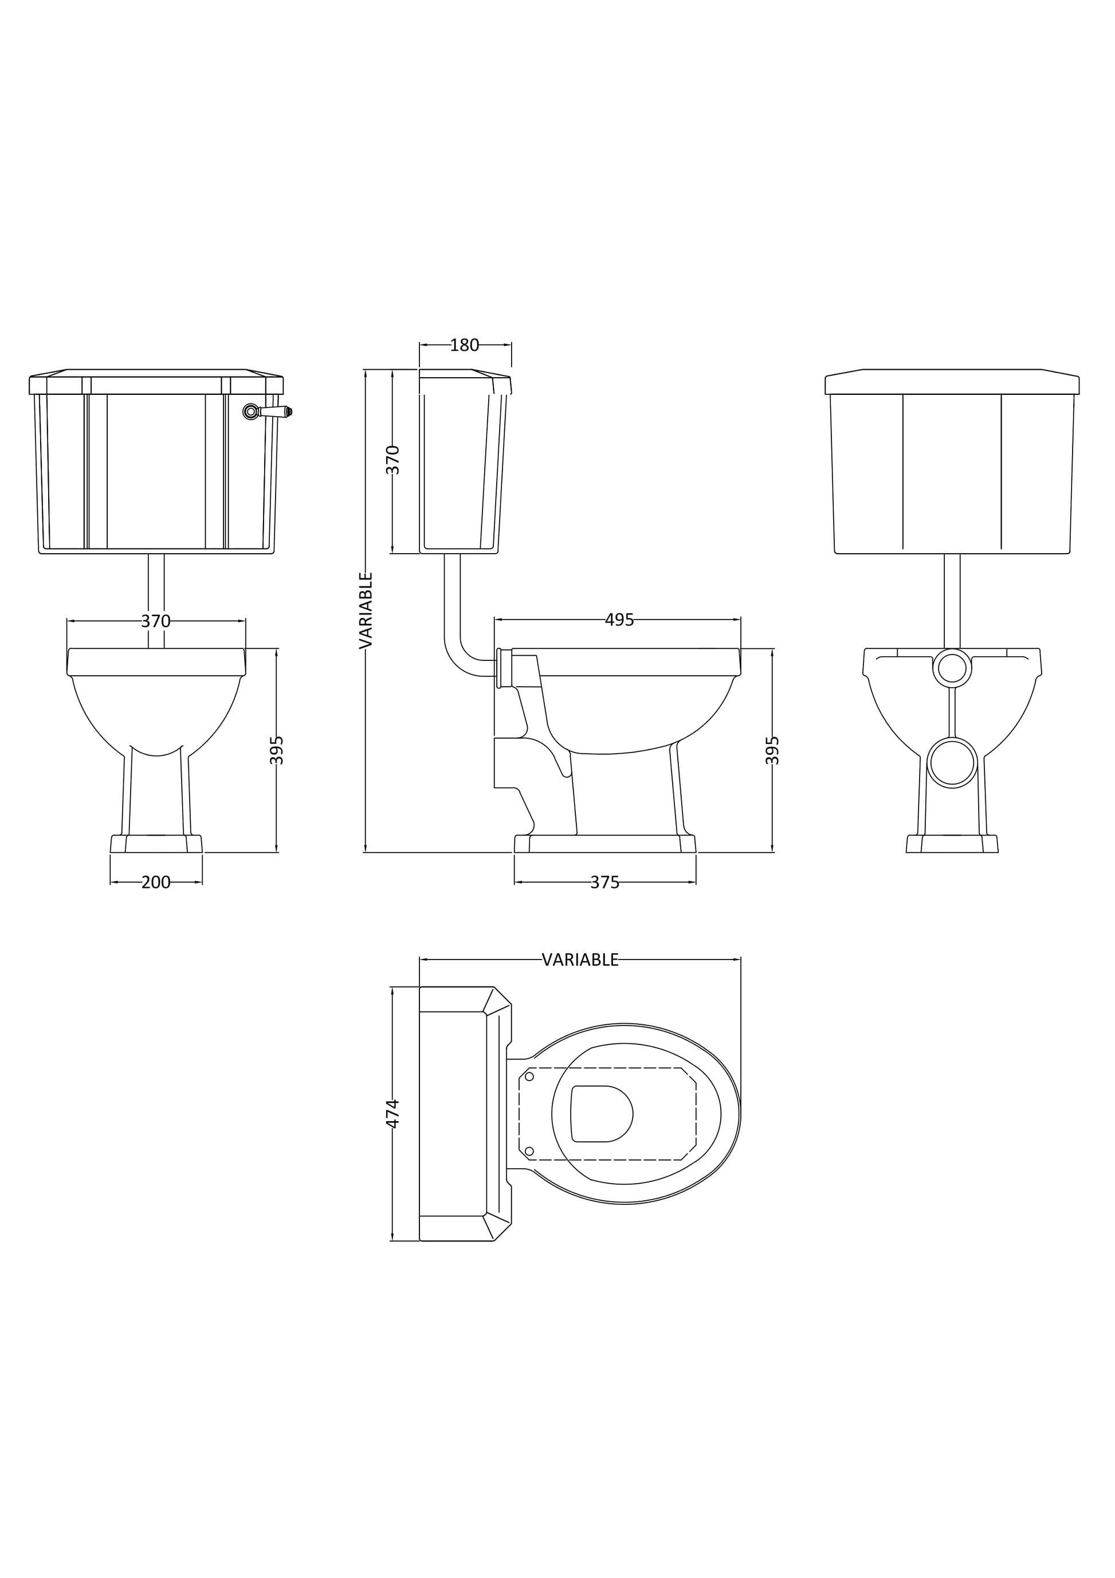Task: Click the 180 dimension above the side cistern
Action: click(465, 345)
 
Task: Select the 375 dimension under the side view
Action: click(604, 883)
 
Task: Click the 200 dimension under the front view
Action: click(156, 883)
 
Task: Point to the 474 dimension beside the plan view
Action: click(392, 1113)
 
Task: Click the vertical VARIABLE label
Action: click(366, 610)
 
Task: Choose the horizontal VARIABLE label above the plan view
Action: click(580, 960)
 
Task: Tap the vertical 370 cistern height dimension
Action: click(392, 460)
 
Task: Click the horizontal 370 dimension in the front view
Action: click(156, 621)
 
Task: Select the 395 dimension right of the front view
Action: click(276, 750)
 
